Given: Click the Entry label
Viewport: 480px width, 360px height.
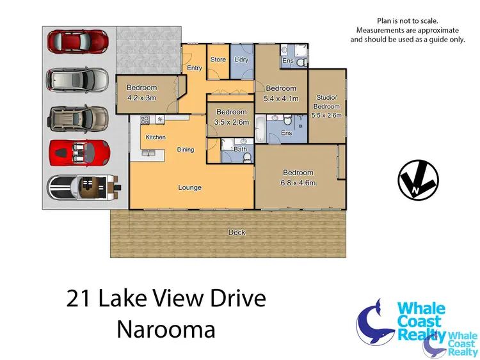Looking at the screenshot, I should (194, 68).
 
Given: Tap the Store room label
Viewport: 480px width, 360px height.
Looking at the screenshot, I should (218, 59).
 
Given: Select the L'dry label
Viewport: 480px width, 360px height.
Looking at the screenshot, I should (241, 59).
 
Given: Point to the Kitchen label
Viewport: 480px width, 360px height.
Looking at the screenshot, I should (156, 137).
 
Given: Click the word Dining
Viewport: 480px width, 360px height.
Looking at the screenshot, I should (186, 150).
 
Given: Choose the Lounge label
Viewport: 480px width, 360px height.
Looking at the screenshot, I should (190, 187).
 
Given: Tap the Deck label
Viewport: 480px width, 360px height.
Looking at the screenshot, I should (237, 233).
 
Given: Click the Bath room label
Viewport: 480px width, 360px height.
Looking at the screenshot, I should (240, 150).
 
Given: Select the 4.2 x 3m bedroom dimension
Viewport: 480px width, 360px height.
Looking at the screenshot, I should (141, 98).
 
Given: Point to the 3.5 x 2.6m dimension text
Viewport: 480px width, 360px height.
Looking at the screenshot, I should (231, 121).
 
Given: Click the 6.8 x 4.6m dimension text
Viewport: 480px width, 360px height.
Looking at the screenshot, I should (298, 182).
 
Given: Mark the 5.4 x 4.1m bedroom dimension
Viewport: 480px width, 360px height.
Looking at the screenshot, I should (281, 98).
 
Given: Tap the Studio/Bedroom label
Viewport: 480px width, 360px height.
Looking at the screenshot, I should (326, 102).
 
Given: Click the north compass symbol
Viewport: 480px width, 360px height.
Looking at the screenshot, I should (418, 179).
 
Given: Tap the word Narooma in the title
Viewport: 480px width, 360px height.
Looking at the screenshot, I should (166, 329).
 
